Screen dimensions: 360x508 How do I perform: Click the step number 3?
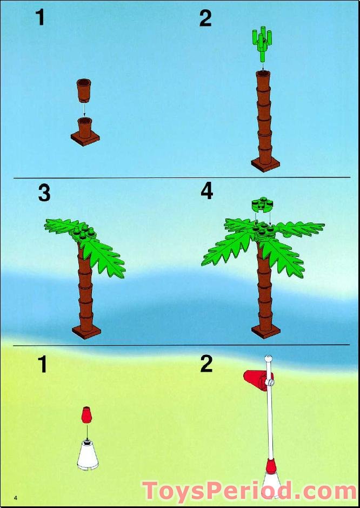[x=44, y=193]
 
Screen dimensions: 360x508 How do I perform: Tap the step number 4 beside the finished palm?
[x=206, y=192]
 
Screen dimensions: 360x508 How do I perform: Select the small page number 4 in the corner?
[x=15, y=497]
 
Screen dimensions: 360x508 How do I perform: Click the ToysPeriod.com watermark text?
[x=250, y=491]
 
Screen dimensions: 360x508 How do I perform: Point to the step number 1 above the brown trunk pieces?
[x=40, y=17]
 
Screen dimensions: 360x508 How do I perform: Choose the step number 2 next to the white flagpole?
[x=206, y=364]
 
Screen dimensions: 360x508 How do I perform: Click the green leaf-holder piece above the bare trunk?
[x=262, y=44]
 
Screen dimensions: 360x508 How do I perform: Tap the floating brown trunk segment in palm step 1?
[x=84, y=90]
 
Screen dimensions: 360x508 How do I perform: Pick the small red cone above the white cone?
[x=86, y=415]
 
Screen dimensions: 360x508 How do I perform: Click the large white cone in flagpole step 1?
[x=88, y=454]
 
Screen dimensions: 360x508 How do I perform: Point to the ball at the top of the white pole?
[x=268, y=358]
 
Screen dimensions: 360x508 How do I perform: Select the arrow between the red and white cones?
[x=87, y=432]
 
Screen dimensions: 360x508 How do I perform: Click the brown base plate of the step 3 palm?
[x=86, y=331]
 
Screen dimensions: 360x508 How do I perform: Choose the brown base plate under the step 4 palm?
[x=266, y=331]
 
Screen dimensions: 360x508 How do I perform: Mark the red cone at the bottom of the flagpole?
[x=271, y=466]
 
